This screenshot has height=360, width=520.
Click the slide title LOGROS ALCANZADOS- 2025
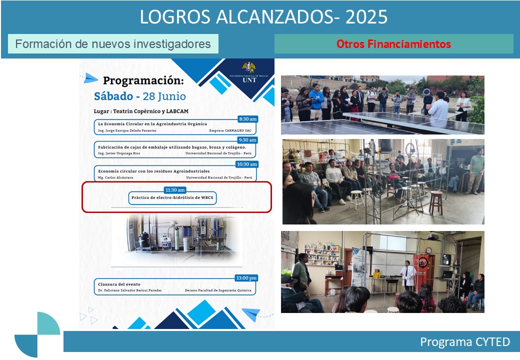[263, 17]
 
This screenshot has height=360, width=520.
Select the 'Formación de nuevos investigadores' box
[113, 44]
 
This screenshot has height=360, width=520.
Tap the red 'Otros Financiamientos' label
[393, 44]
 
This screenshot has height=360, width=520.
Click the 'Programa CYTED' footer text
[464, 342]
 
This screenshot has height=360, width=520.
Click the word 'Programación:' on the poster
[143, 81]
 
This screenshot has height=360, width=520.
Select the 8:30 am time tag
[247, 119]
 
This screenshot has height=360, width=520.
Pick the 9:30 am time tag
[247, 140]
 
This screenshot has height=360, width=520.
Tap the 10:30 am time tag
[246, 164]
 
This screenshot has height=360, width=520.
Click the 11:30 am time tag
[174, 190]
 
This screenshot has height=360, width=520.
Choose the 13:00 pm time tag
[246, 278]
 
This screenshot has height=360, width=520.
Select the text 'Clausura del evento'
[119, 284]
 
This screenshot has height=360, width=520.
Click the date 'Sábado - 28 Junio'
[139, 96]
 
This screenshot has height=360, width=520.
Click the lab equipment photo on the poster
[177, 238]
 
